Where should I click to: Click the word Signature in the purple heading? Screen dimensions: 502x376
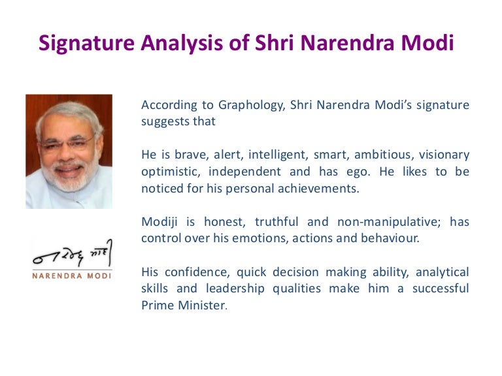tap(86, 44)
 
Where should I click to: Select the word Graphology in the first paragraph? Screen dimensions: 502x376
tap(252, 106)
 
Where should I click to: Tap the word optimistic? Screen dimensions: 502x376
tap(171, 172)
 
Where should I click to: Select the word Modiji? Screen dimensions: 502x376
tap(159, 222)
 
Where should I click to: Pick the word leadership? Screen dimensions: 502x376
tap(235, 289)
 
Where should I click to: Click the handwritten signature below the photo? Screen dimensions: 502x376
tap(73, 253)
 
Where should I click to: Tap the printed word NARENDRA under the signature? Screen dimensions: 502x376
tap(58, 275)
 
